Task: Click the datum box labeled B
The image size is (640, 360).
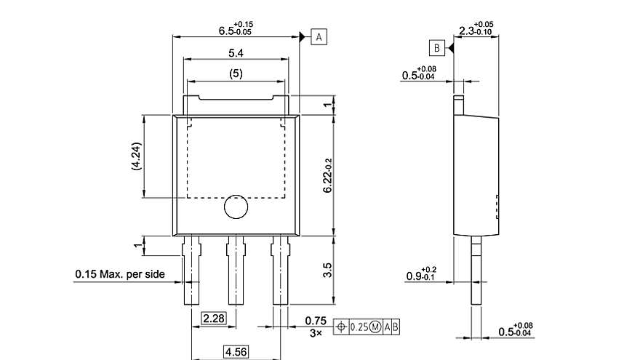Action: coord(436,48)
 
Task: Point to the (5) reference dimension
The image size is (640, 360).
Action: coord(235,73)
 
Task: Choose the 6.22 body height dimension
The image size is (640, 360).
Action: coord(329,175)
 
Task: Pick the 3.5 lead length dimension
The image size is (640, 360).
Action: coord(328,270)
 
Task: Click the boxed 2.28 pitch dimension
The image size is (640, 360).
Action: coord(214,319)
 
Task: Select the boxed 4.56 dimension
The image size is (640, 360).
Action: coord(235,351)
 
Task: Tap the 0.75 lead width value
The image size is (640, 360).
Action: coord(314,320)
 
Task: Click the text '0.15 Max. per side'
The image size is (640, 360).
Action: coord(119,274)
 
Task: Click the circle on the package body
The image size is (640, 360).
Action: coord(236,207)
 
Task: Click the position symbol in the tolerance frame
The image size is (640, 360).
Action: coord(341,327)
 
